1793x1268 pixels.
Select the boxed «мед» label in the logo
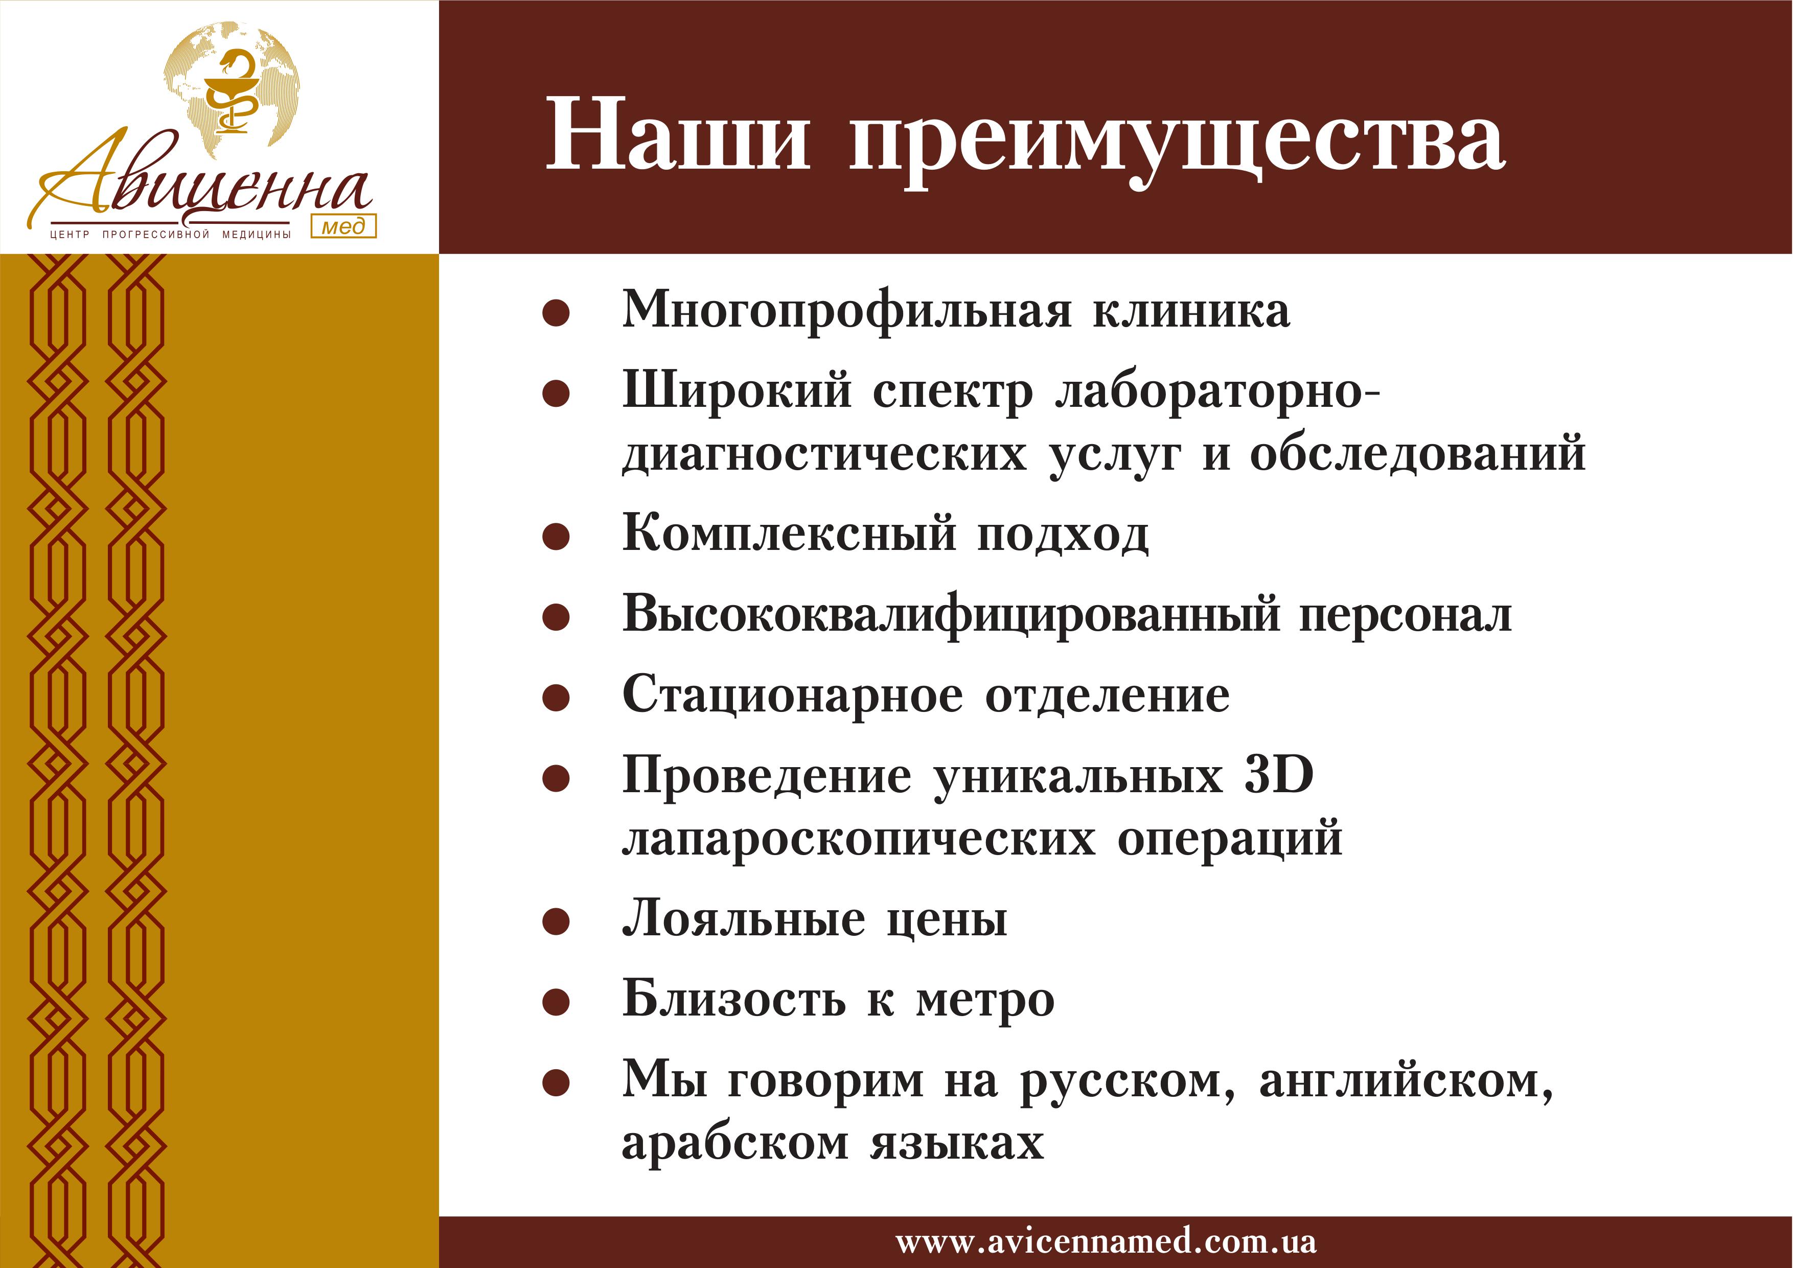point(343,226)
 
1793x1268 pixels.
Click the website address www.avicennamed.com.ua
point(1106,1241)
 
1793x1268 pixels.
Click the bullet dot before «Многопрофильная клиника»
point(556,313)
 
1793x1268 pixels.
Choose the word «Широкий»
point(737,389)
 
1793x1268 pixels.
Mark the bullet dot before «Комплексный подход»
point(556,537)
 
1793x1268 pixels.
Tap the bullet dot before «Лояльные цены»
point(556,922)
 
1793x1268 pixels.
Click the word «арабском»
point(735,1142)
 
